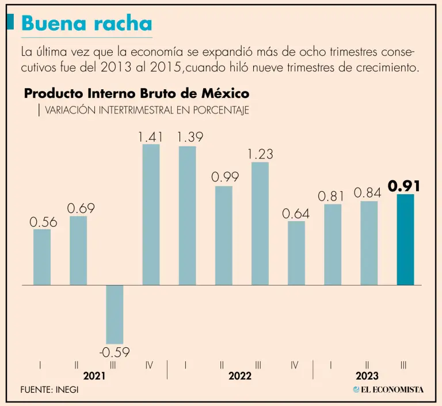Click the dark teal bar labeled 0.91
pyautogui.click(x=405, y=240)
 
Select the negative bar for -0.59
pyautogui.click(x=114, y=314)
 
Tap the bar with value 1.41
pyautogui.click(x=151, y=214)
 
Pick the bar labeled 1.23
pyautogui.click(x=260, y=223)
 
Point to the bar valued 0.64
pyautogui.click(x=296, y=253)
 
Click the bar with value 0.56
pyautogui.click(x=42, y=257)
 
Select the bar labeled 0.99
pyautogui.click(x=224, y=235)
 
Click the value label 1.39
pyautogui.click(x=190, y=137)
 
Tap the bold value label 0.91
pyautogui.click(x=404, y=186)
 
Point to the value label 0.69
pyautogui.click(x=81, y=208)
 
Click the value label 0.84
pyautogui.click(x=368, y=193)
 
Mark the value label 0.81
pyautogui.click(x=331, y=196)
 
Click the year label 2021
pyautogui.click(x=94, y=376)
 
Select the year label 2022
pyautogui.click(x=240, y=376)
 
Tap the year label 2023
pyautogui.click(x=367, y=376)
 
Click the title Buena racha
pyautogui.click(x=87, y=23)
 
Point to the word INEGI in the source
pyautogui.click(x=67, y=389)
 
